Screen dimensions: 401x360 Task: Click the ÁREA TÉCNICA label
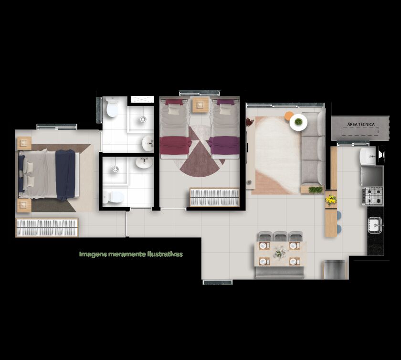(x=361, y=124)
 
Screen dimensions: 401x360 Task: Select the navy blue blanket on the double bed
(x=66, y=174)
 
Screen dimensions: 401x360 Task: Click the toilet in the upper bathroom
(x=112, y=107)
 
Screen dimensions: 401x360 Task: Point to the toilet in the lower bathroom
(x=113, y=197)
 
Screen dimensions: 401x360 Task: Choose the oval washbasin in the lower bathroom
(x=144, y=163)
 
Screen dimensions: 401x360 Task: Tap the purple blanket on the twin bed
(x=224, y=145)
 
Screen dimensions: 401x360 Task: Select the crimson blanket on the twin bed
(x=176, y=145)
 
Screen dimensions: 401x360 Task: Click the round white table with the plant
(x=298, y=122)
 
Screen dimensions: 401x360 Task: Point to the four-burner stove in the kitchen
(x=373, y=196)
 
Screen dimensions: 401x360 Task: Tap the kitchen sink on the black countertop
(x=375, y=225)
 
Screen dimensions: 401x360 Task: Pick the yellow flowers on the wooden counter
(x=331, y=200)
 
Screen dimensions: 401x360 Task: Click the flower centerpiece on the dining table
(x=280, y=253)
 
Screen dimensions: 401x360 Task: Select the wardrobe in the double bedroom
(x=47, y=227)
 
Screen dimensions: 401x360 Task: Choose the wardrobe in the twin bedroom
(x=214, y=197)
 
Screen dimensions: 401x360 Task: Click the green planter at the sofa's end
(x=316, y=190)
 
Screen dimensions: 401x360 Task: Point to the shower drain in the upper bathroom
(x=143, y=119)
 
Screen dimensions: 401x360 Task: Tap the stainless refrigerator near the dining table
(x=334, y=270)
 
